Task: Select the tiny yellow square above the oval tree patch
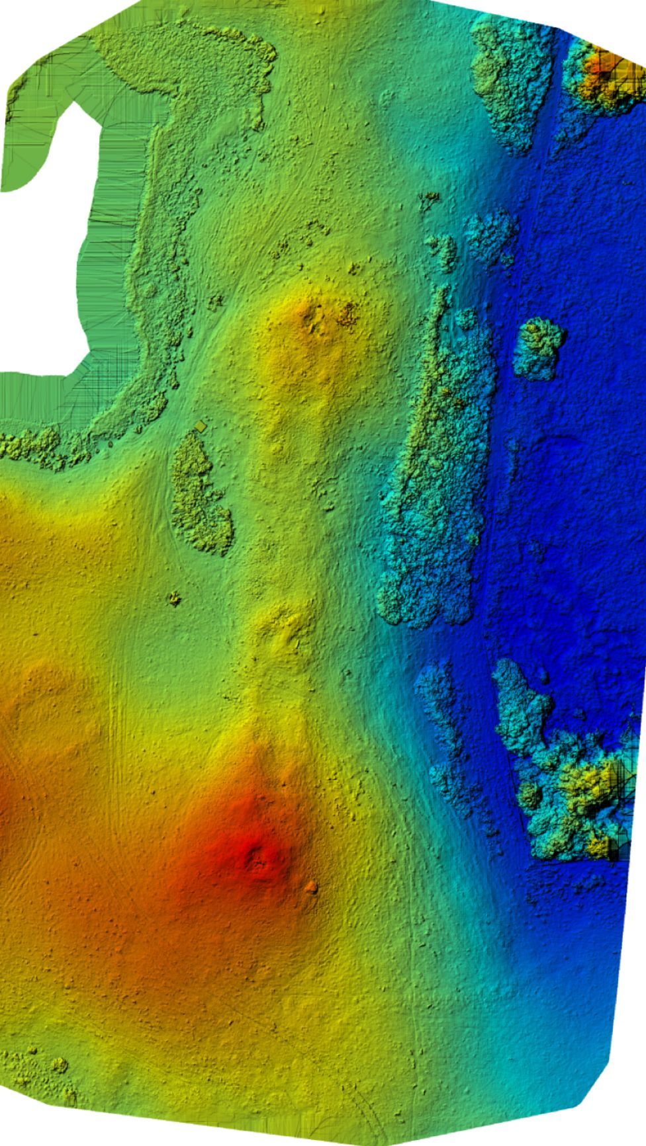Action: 201,427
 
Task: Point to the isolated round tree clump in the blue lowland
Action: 539,348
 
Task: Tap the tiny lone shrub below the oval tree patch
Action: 175,598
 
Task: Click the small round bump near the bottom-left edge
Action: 59,1065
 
